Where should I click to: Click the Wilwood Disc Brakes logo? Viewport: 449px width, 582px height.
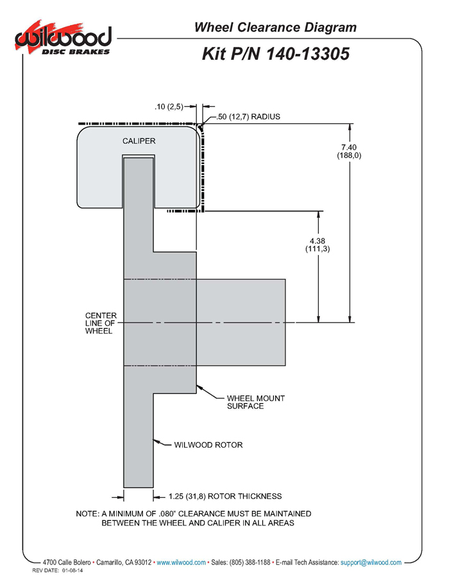click(64, 40)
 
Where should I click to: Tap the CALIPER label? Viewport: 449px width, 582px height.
click(139, 141)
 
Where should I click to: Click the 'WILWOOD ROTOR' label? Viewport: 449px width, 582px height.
click(208, 445)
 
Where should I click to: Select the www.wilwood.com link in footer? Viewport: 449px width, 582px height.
click(182, 562)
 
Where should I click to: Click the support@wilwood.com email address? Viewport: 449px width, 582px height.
click(371, 562)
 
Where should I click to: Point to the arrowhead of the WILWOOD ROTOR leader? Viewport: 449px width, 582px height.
click(156, 440)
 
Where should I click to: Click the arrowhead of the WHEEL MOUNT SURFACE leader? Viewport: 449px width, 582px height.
click(198, 386)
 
